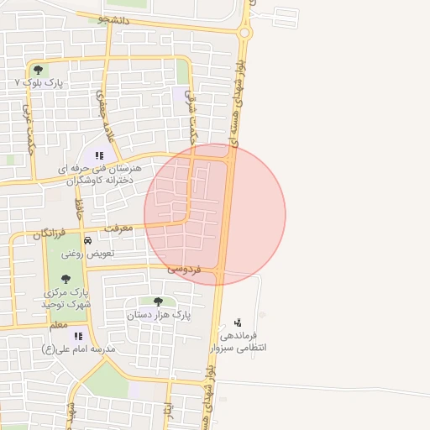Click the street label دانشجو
pos(113,18)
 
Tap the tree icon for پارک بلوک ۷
pos(37,70)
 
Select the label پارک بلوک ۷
pos(40,82)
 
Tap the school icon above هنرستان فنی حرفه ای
pos(99,155)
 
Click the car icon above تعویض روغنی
pos(87,240)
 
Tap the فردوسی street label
pos(184,269)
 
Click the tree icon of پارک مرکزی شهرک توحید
pos(66,279)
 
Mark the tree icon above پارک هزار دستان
pos(158,302)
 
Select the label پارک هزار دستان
pos(159,315)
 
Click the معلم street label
pos(59,324)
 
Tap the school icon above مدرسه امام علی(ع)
pos(78,336)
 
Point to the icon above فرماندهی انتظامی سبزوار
pos(238,322)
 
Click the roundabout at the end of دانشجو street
pos(244,33)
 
